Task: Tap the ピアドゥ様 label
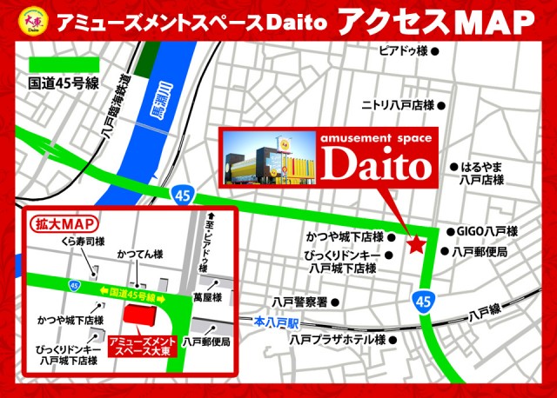pos(403,50)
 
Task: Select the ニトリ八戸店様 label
pos(398,105)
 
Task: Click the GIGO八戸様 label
pos(487,232)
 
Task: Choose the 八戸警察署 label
pos(299,302)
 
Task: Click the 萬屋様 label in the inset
pos(207,298)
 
